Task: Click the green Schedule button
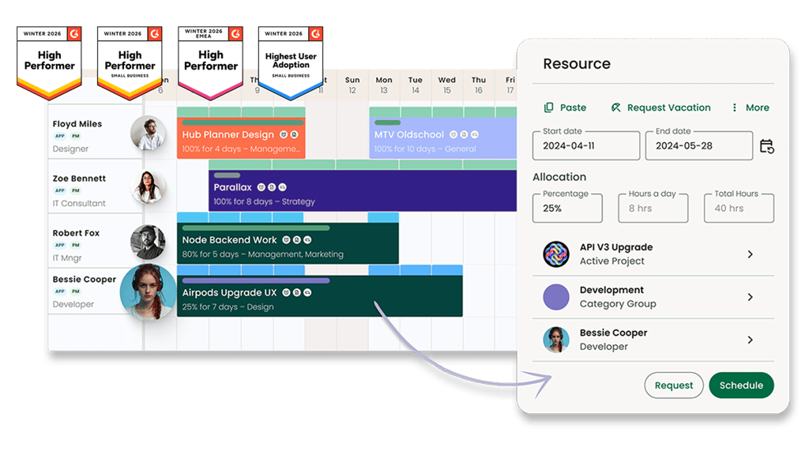pyautogui.click(x=741, y=385)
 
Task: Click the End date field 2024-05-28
pyautogui.click(x=698, y=146)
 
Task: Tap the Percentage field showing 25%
pyautogui.click(x=567, y=208)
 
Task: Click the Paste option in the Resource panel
pyautogui.click(x=565, y=107)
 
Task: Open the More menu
pyautogui.click(x=750, y=107)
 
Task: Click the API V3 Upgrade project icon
pyautogui.click(x=556, y=254)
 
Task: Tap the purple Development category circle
pyautogui.click(x=556, y=297)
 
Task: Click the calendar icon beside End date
pyautogui.click(x=766, y=146)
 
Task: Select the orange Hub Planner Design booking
pyautogui.click(x=241, y=141)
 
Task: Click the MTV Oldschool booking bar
pyautogui.click(x=442, y=141)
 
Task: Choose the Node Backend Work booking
pyautogui.click(x=288, y=246)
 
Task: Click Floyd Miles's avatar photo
pyautogui.click(x=148, y=133)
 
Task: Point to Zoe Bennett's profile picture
pyautogui.click(x=148, y=187)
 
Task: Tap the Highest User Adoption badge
pyautogui.click(x=291, y=62)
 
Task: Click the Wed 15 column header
pyautogui.click(x=447, y=85)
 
